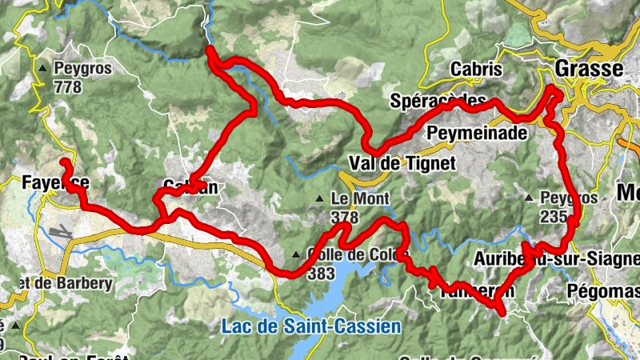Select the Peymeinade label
[x=478, y=132]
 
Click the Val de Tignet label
[x=402, y=164]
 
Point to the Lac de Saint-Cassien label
[x=311, y=326]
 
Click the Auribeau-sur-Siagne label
[x=556, y=259]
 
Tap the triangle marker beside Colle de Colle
[x=297, y=256]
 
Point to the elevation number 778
[x=68, y=86]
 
